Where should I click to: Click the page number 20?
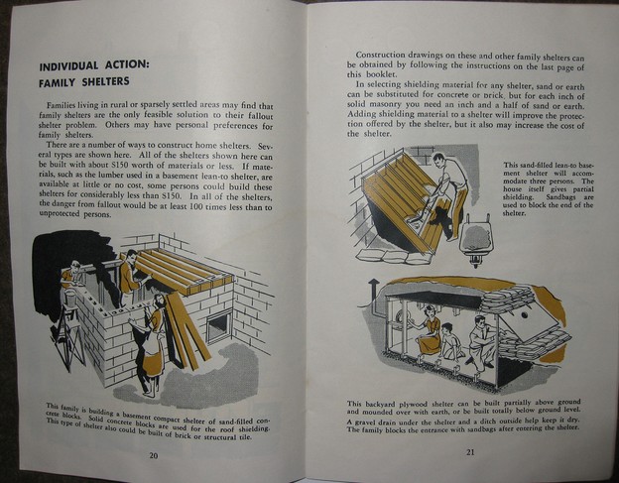[x=153, y=455]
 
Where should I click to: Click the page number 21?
[x=469, y=453]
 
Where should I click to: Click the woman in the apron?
[x=150, y=342]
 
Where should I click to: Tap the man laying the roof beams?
[x=129, y=273]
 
